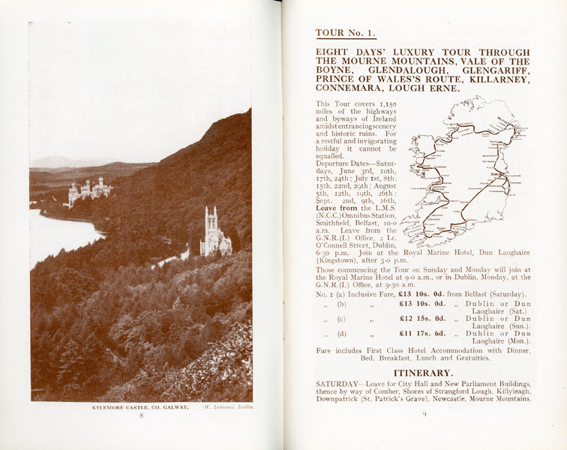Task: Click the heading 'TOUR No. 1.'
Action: (345, 33)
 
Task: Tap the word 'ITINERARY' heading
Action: (423, 373)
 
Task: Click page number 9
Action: (424, 415)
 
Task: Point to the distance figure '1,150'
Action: (384, 103)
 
